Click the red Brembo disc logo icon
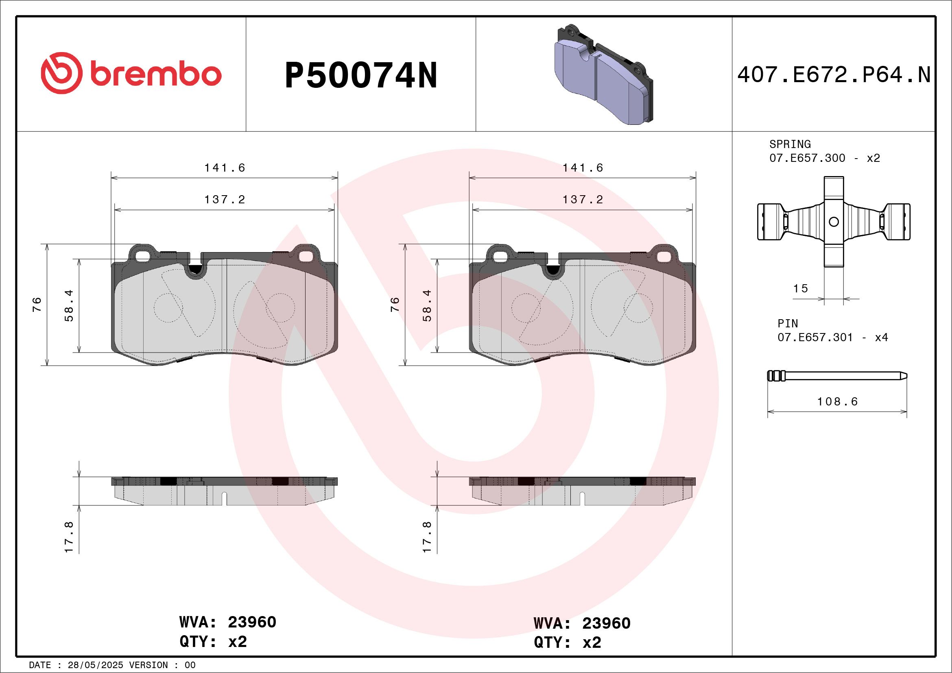pos(61,73)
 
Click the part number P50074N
pos(361,75)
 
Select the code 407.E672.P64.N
pos(834,75)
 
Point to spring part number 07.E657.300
pos(807,158)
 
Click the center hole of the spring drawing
pos(834,222)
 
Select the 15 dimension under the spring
pos(800,289)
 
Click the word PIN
pos(787,323)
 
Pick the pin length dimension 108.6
pos(837,401)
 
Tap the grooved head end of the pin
pos(776,376)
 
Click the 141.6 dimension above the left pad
pos(224,168)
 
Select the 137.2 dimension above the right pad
pos(582,200)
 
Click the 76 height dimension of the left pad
pos(37,305)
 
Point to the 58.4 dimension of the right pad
pos(427,305)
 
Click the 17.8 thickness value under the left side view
pos(69,537)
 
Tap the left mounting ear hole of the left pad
pos(142,257)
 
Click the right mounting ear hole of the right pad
pos(664,257)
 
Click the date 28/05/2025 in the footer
pos(95,665)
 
